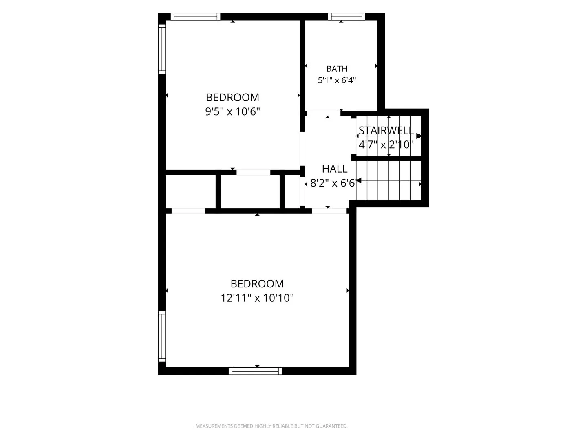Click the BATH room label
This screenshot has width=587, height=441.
(x=337, y=69)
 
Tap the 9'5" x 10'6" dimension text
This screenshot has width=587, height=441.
(x=232, y=111)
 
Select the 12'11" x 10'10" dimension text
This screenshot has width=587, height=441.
(x=257, y=298)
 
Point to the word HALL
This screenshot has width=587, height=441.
(x=335, y=169)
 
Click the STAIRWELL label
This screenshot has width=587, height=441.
(x=386, y=130)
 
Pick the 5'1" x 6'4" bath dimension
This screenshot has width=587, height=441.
(x=337, y=80)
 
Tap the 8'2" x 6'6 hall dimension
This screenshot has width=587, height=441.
(x=332, y=183)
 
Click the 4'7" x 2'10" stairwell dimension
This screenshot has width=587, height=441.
(x=386, y=145)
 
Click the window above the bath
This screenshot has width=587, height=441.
(x=346, y=17)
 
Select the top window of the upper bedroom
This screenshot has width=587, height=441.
(x=196, y=17)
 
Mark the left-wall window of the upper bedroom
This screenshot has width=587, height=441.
(x=162, y=49)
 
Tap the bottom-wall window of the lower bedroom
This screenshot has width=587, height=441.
(x=255, y=371)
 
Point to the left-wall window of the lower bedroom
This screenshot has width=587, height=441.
(x=162, y=336)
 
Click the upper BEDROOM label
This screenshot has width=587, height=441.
(x=232, y=97)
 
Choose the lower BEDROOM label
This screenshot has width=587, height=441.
(x=257, y=283)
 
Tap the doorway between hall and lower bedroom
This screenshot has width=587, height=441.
(x=329, y=211)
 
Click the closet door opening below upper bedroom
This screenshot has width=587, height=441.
(x=253, y=172)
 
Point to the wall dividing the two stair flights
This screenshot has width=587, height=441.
(x=386, y=158)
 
